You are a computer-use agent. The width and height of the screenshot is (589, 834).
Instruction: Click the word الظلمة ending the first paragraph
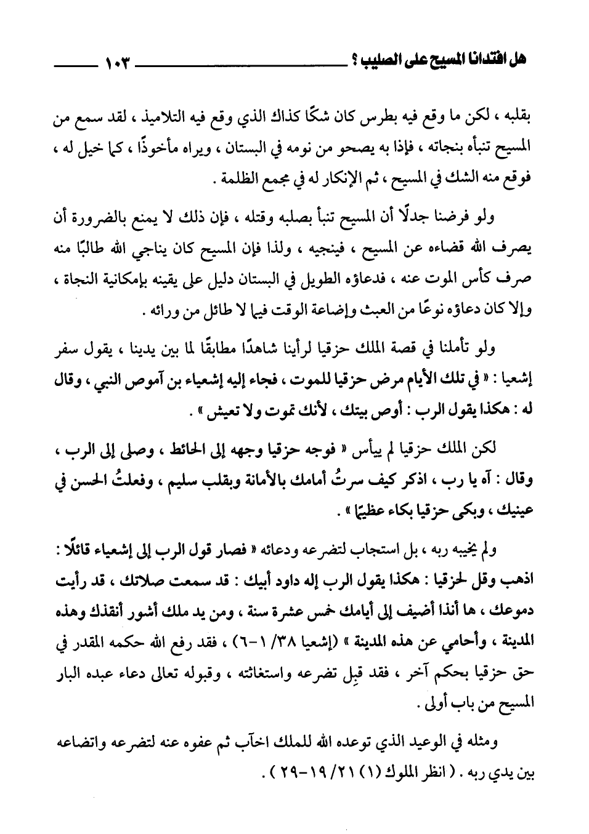pyautogui.click(x=230, y=180)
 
